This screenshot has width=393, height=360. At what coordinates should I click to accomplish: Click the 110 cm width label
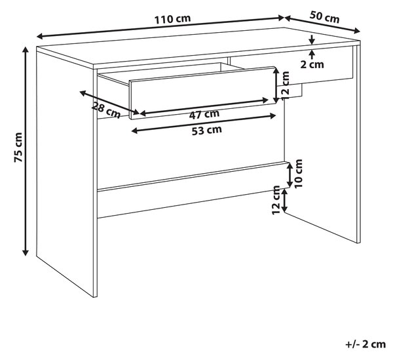pos(173,19)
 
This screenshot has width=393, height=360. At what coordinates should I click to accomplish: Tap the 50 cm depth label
pos(324,17)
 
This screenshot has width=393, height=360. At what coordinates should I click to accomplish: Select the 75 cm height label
pos(18,148)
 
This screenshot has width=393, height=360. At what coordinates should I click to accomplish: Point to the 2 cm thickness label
pos(312,64)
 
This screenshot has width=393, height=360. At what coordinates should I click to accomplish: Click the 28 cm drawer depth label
pos(106,110)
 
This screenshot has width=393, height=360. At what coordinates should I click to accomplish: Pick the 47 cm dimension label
pos(204,114)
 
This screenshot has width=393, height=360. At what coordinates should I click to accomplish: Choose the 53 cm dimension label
pos(207,130)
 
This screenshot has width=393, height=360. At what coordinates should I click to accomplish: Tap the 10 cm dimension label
pos(299,173)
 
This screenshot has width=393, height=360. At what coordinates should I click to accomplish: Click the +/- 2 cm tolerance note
pos(365,344)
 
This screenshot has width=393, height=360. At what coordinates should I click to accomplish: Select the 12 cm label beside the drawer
pos(285,86)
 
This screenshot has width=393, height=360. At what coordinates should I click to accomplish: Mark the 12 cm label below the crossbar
pos(276,200)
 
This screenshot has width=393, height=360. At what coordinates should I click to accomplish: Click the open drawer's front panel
pos(202,92)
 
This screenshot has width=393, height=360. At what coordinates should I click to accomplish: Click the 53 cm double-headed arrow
pos(204,123)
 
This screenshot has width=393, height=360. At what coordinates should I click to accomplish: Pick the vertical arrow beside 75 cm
pos(26,151)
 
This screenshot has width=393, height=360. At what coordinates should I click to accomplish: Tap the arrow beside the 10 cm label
pos(290,175)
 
